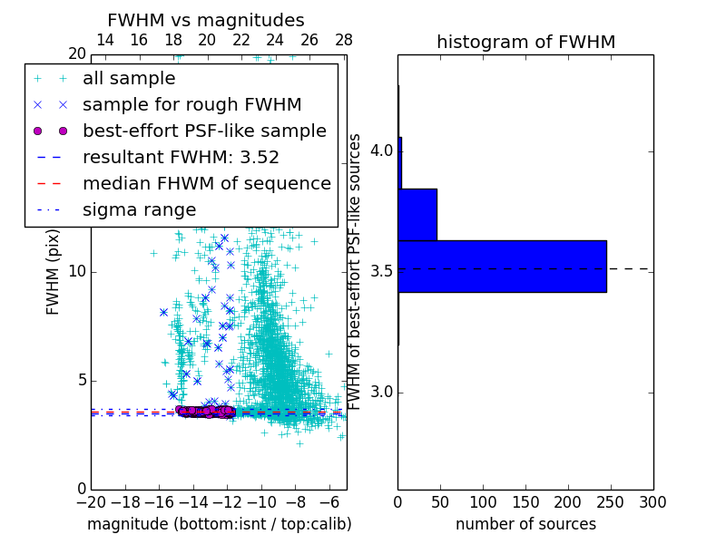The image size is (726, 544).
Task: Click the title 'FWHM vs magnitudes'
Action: click(206, 20)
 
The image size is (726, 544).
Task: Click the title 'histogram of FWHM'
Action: click(525, 42)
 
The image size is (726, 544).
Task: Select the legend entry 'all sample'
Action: click(129, 79)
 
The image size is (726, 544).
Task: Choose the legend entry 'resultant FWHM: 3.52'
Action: click(181, 157)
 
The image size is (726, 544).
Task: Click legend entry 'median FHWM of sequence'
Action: click(206, 183)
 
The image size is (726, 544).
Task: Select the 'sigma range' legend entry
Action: click(139, 209)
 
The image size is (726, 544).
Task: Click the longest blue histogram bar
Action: click(502, 266)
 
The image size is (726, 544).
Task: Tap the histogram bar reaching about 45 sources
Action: click(417, 214)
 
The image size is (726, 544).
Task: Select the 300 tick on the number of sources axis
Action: click(652, 500)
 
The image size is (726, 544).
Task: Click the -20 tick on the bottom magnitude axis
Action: click(91, 500)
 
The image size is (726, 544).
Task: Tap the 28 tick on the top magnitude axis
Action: click(343, 40)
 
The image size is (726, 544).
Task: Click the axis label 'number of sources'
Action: click(525, 524)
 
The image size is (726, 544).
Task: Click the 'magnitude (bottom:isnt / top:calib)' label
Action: click(219, 524)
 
